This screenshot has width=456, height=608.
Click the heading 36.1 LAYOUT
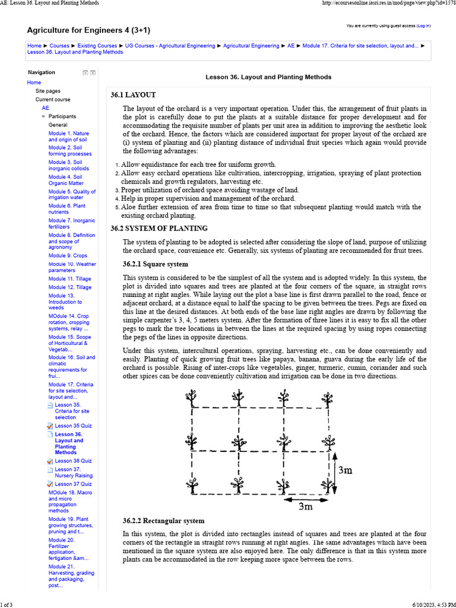pyautogui.click(x=133, y=95)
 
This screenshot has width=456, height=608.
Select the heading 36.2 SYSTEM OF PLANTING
pyautogui.click(x=159, y=229)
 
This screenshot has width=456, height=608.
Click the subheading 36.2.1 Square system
pyautogui.click(x=155, y=264)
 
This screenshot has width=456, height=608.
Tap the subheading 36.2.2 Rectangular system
pyautogui.click(x=163, y=521)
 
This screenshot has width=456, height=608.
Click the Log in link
pyautogui.click(x=424, y=26)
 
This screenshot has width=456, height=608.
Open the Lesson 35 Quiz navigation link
pyautogui.click(x=73, y=426)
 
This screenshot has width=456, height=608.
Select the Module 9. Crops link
pyautogui.click(x=68, y=255)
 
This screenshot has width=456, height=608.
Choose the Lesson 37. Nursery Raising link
pyautogui.click(x=74, y=472)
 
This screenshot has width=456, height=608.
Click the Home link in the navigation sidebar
pyautogui.click(x=34, y=83)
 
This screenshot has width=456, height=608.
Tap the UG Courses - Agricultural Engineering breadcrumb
pyautogui.click(x=169, y=46)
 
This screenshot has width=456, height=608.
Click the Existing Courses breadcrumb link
pyautogui.click(x=97, y=46)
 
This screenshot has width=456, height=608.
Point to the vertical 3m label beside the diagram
pyautogui.click(x=345, y=470)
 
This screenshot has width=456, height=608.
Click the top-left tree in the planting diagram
pyautogui.click(x=192, y=397)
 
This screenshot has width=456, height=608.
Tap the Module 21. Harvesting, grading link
pyautogui.click(x=71, y=574)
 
